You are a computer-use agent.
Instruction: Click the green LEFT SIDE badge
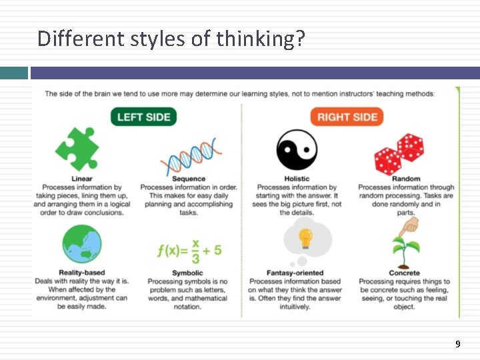143,117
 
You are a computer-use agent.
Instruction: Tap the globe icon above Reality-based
81,245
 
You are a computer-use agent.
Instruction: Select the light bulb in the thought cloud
305,237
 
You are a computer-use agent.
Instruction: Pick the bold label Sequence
189,179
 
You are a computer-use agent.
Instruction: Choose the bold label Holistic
297,179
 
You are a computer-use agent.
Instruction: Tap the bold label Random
406,179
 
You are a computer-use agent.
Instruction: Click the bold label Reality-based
81,273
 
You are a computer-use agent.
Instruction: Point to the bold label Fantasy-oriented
295,273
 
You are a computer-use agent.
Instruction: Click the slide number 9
457,344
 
